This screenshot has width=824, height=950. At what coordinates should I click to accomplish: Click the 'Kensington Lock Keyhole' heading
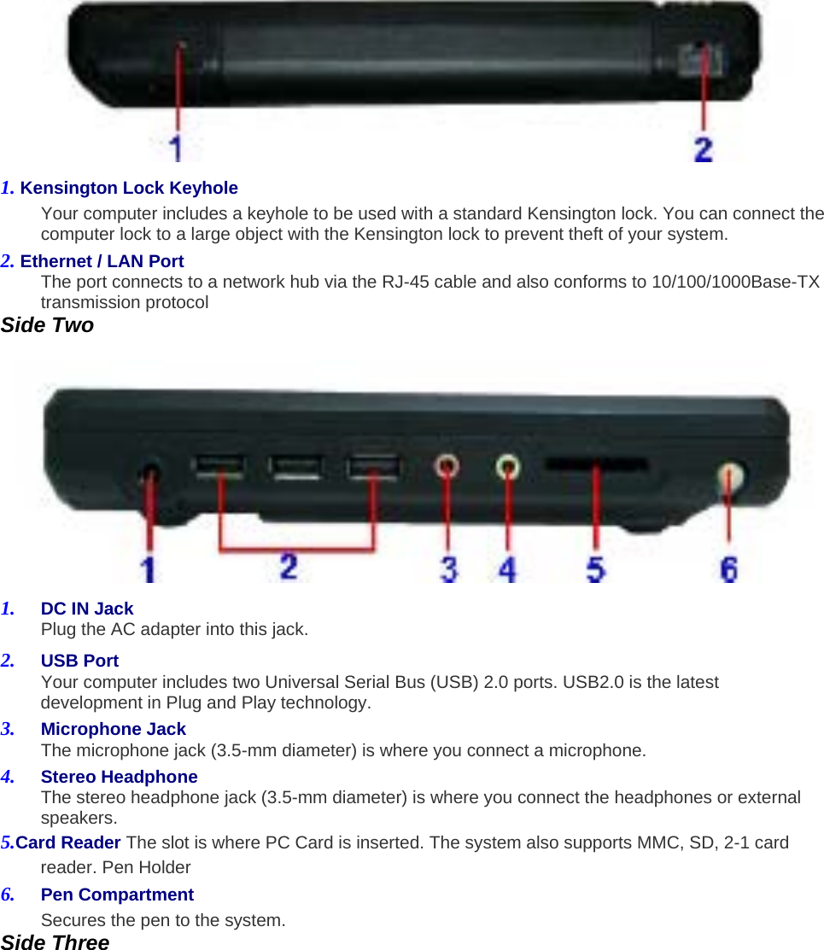(128, 188)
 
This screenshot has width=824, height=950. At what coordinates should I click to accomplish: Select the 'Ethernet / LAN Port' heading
(102, 261)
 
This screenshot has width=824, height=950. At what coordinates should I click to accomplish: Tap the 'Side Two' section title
(47, 325)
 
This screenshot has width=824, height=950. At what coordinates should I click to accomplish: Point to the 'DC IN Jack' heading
(87, 609)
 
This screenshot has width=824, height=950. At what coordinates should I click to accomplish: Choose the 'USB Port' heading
(79, 661)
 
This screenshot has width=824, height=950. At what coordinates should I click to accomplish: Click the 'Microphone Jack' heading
(113, 729)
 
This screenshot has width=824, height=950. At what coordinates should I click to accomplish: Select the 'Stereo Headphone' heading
(119, 777)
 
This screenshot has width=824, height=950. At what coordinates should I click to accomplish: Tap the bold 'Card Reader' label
(68, 842)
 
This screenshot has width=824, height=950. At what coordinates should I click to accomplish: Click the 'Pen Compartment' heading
(117, 895)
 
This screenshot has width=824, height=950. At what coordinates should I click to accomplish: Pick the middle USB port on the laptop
(295, 467)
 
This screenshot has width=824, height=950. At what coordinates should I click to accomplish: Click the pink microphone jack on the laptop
(447, 466)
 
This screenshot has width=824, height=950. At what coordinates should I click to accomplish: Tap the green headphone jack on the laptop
(508, 466)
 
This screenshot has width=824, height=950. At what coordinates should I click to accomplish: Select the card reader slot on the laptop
(596, 466)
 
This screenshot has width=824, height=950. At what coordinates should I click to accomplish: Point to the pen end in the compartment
(729, 476)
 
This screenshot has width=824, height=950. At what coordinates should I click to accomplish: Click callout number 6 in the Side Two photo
(728, 568)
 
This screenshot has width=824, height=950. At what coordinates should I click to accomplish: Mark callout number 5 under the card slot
(595, 568)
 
